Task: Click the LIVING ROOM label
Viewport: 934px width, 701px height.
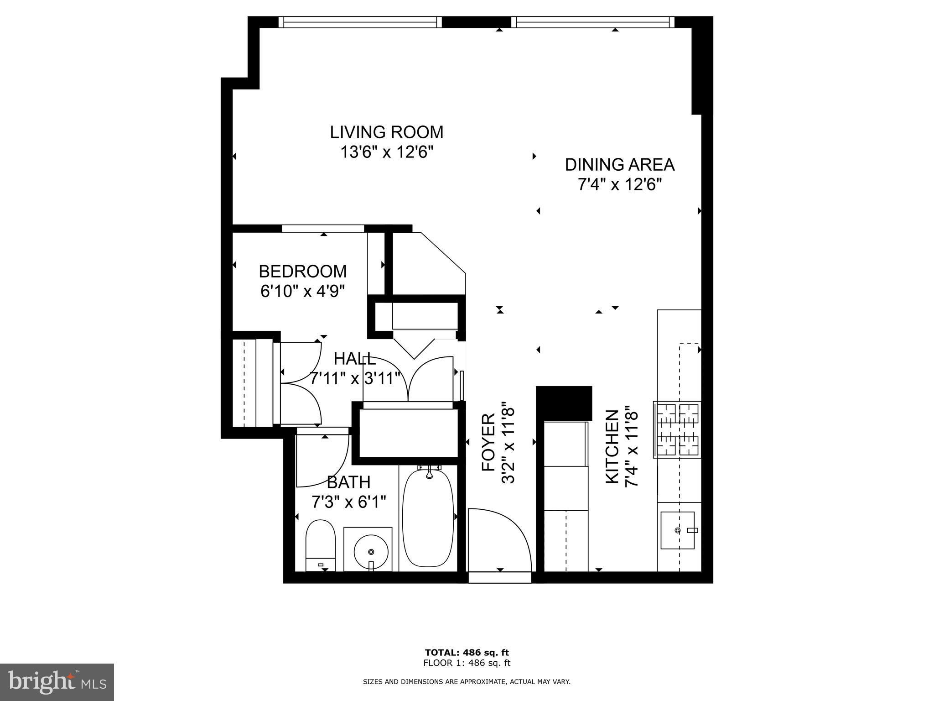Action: point(386,132)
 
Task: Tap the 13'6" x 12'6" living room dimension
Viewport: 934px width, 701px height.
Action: point(386,152)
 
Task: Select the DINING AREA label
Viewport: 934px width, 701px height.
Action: point(619,165)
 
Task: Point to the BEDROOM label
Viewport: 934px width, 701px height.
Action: point(302,272)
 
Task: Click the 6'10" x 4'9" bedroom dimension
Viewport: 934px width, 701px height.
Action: point(302,291)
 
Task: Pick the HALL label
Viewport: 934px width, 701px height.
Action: point(355,359)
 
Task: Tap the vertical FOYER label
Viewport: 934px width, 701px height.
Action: point(488,442)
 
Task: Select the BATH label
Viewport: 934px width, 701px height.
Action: point(349,482)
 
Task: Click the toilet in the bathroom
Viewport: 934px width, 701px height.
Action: point(320,545)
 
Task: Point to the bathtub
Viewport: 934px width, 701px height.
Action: point(428,518)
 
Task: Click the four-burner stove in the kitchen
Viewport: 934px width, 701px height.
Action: point(677,429)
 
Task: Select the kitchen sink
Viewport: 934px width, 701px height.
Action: point(678,530)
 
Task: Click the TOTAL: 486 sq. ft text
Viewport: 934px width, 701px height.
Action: point(467,652)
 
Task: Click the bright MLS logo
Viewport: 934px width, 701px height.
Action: point(57,682)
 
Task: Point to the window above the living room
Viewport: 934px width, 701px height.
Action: point(360,22)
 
